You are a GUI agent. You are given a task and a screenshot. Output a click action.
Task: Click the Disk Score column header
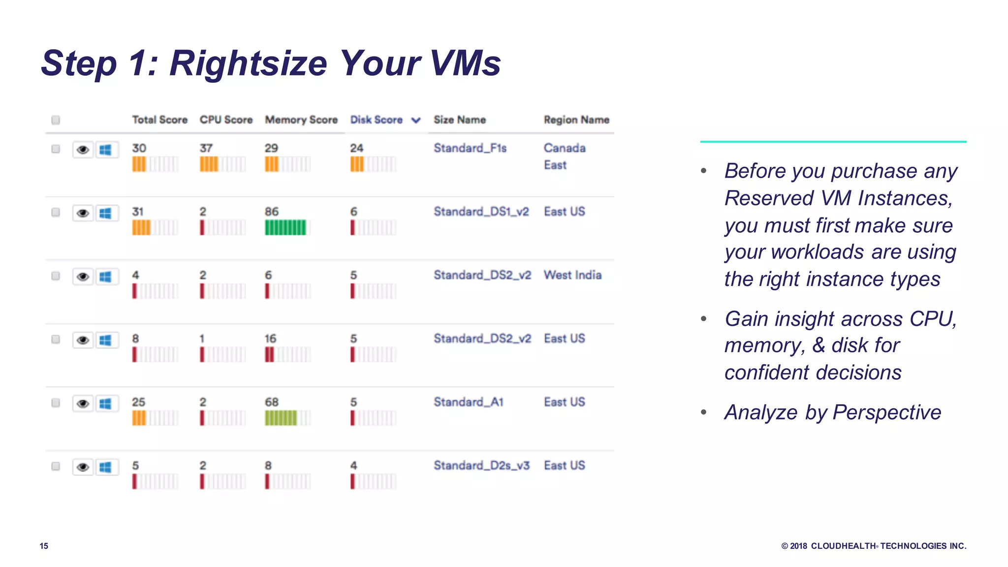(x=376, y=120)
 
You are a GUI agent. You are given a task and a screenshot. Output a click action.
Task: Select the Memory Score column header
(x=301, y=120)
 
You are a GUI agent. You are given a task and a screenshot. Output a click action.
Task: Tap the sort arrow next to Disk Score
(x=416, y=120)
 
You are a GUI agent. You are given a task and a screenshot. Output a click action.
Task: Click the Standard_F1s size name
(x=470, y=148)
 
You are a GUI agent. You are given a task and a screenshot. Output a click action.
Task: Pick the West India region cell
(x=572, y=275)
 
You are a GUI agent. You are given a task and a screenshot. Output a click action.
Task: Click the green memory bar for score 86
(x=285, y=227)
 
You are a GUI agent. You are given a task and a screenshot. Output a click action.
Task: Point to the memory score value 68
(x=272, y=402)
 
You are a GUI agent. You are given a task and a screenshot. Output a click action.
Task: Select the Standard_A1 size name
(x=469, y=402)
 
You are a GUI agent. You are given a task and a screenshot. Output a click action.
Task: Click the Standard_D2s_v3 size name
(x=481, y=466)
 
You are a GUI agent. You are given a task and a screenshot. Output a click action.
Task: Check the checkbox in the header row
(x=56, y=120)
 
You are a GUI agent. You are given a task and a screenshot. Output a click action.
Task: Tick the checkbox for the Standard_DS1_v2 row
(x=56, y=212)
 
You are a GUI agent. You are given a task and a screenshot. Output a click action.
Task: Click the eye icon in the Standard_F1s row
(x=83, y=150)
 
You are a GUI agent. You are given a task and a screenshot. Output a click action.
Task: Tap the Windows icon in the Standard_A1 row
(x=105, y=404)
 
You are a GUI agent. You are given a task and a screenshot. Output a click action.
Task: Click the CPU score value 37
(x=206, y=148)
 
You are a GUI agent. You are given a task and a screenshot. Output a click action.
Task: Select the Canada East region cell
(x=564, y=156)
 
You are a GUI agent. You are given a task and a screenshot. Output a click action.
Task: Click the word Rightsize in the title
(x=249, y=63)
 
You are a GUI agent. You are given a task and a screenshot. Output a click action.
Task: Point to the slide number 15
(x=44, y=546)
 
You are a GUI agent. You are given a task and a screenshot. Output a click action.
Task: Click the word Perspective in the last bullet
(x=887, y=412)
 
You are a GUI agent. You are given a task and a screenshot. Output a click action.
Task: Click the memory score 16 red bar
(x=269, y=354)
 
